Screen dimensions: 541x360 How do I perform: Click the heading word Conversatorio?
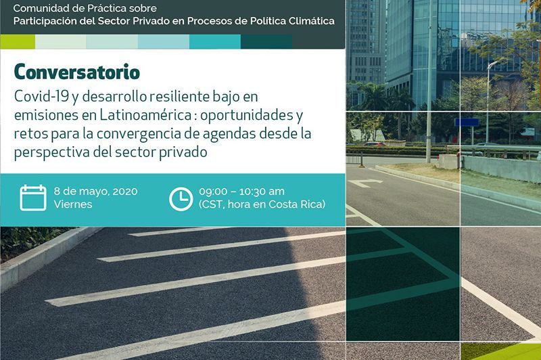coord(77,72)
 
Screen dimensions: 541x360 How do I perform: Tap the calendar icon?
coord(32,198)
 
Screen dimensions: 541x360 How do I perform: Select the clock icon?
coord(181,199)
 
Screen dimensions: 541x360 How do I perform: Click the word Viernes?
coord(73,204)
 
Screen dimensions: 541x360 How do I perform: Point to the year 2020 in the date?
coord(125,192)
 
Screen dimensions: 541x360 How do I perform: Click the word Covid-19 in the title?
coord(41,96)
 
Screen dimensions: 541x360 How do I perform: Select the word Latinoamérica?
coord(145,115)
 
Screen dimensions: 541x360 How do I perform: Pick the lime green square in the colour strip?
coord(18,42)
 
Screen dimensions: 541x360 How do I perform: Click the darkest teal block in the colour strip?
coord(266,42)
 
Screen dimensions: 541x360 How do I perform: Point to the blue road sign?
coord(467,122)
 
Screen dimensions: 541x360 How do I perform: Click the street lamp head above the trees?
coord(493,64)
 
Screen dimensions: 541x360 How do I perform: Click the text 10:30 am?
coord(262,192)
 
